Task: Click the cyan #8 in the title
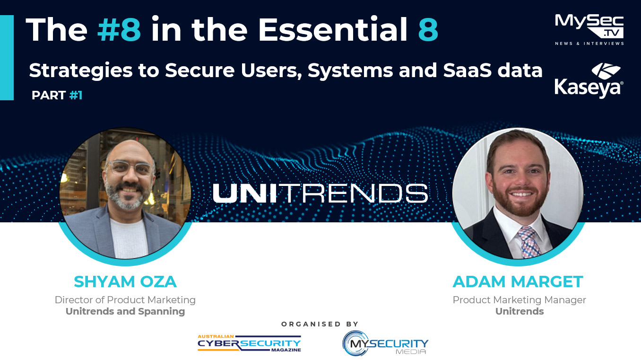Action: [119, 29]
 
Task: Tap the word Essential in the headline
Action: [333, 29]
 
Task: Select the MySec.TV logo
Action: [589, 30]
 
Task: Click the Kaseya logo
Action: [589, 80]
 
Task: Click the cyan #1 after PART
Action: [76, 95]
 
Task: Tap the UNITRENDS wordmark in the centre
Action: [320, 193]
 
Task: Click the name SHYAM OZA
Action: [125, 281]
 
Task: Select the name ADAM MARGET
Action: [518, 281]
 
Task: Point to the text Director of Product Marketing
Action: [125, 300]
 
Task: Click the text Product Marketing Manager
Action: [520, 300]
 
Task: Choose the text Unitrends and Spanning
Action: [125, 311]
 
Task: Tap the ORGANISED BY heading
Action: [320, 324]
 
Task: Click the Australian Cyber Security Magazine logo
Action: [249, 343]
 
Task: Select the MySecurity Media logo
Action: [385, 343]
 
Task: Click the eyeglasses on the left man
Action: [130, 168]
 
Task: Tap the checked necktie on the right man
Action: [528, 242]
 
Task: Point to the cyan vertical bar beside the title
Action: [7, 58]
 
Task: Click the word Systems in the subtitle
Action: [351, 71]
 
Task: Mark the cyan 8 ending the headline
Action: [428, 29]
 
